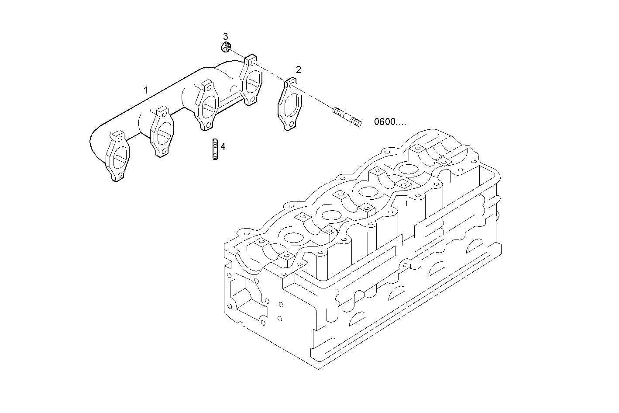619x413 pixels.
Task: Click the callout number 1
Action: (146, 90)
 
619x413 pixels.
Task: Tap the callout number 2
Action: (299, 69)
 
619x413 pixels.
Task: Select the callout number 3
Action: (226, 36)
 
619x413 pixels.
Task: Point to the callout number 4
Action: (223, 147)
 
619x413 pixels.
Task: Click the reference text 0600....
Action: (389, 122)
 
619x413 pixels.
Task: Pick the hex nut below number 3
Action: (226, 47)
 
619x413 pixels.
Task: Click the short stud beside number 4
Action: (215, 149)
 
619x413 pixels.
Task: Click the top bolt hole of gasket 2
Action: (290, 85)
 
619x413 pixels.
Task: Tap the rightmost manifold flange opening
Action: (252, 81)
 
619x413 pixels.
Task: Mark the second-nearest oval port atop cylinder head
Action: (331, 215)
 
